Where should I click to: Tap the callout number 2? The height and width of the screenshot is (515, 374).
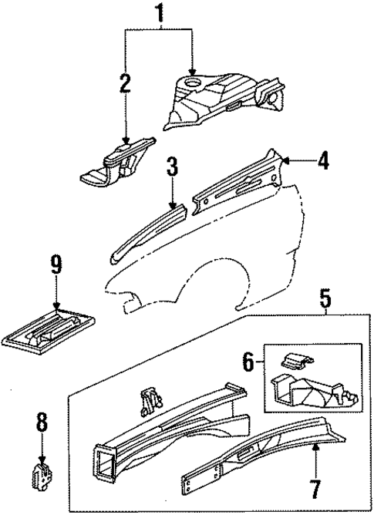(x=125, y=82)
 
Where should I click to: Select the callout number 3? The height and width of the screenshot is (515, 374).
(x=172, y=167)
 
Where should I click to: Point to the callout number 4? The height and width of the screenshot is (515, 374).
(x=323, y=160)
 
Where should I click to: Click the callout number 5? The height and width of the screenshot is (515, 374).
(x=327, y=297)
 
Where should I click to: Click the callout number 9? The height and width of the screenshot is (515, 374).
(x=56, y=268)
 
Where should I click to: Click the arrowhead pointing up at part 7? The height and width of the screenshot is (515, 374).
(x=316, y=448)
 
